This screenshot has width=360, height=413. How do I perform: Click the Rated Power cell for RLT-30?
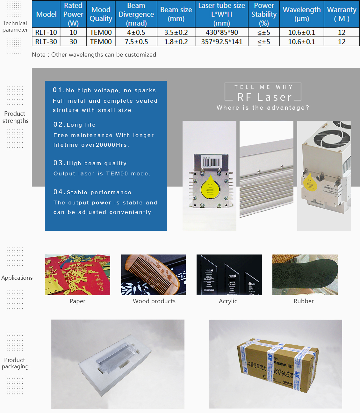click(x=73, y=42)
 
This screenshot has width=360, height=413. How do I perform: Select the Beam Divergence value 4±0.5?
click(x=136, y=33)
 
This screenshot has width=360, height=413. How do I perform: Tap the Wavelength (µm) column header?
click(x=302, y=14)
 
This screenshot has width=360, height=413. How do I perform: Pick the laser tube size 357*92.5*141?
click(x=222, y=42)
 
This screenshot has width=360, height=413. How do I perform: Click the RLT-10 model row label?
click(x=46, y=33)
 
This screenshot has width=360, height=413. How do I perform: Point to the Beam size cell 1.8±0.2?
click(x=176, y=42)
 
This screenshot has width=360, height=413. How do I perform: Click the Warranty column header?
click(x=342, y=14)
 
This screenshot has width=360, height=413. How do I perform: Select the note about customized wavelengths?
click(x=94, y=55)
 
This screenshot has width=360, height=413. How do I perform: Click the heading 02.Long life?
click(x=75, y=124)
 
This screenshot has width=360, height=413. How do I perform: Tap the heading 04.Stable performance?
click(x=92, y=192)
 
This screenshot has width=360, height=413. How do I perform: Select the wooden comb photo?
click(x=153, y=275)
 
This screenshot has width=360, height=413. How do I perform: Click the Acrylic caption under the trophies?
click(x=228, y=301)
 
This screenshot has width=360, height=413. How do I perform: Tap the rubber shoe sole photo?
click(x=305, y=275)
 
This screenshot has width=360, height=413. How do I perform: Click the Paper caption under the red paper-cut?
click(x=77, y=301)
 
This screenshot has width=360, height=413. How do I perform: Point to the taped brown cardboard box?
click(x=277, y=364)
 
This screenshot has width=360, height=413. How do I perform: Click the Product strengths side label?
click(x=15, y=117)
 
